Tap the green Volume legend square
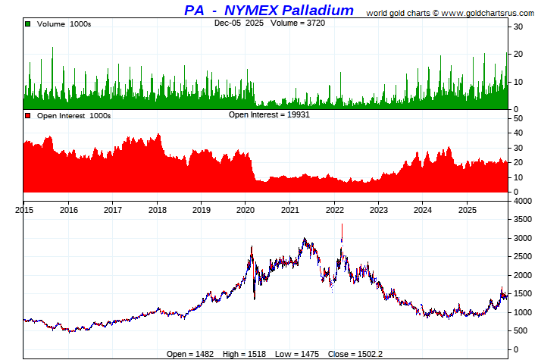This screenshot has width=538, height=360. pyautogui.click(x=28, y=24)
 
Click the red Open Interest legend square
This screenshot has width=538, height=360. pyautogui.click(x=28, y=116)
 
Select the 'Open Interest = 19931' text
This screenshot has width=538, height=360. pyautogui.click(x=269, y=114)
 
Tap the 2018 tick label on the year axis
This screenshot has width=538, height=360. pyautogui.click(x=157, y=210)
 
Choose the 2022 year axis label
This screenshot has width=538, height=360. pyautogui.click(x=334, y=210)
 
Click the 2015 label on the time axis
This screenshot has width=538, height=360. pyautogui.click(x=23, y=210)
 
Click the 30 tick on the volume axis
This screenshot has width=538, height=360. pyautogui.click(x=518, y=27)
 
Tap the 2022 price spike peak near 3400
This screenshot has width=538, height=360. pyautogui.click(x=342, y=224)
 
